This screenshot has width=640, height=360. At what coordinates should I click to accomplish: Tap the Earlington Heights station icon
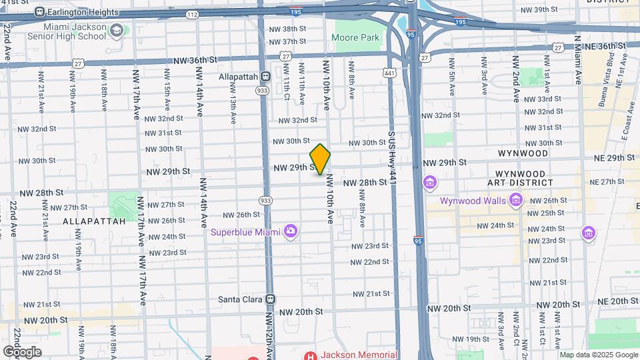tap(39, 12)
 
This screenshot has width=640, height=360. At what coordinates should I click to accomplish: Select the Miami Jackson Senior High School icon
tap(117, 31)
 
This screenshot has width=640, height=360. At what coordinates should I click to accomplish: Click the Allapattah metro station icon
tap(265, 77)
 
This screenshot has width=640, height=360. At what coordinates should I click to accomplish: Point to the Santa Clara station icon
tap(270, 299)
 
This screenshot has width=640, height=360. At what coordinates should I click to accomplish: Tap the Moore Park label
tap(355, 37)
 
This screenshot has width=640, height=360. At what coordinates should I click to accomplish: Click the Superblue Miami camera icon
tap(290, 231)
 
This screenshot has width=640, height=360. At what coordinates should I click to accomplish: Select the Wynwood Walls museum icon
tap(515, 200)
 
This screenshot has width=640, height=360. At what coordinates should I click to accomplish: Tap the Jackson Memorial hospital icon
tap(308, 355)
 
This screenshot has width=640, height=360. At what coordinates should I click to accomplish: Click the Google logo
tap(22, 352)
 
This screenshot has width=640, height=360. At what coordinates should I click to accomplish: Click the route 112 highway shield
tap(193, 13)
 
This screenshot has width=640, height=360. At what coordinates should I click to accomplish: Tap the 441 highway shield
tap(389, 72)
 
